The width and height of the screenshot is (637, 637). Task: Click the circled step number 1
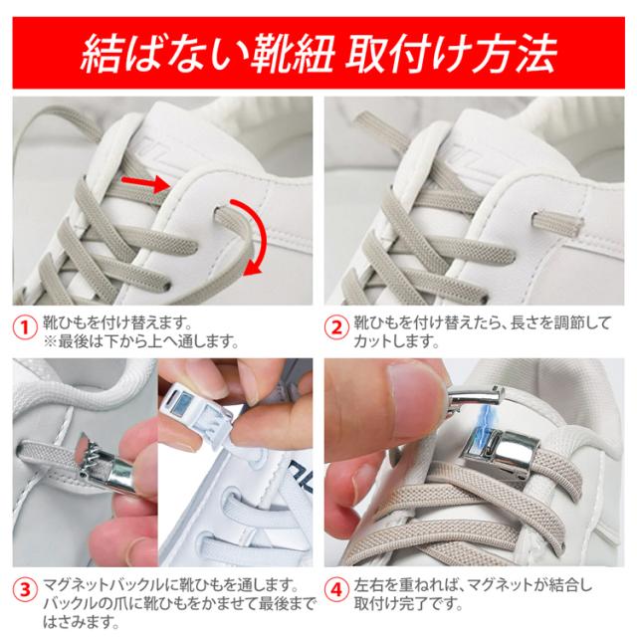pos(25,327)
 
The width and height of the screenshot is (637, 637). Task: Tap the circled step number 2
pos(336,327)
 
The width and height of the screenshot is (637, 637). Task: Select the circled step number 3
pos(25,589)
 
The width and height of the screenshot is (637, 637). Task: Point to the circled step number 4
pos(336,589)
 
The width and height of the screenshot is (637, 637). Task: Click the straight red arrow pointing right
pos(146,184)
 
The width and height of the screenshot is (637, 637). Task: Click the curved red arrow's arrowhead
pos(253,269)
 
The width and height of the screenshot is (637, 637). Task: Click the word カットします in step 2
pos(396,341)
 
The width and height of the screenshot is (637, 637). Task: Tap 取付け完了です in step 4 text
pos(408,604)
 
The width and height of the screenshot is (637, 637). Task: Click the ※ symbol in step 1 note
pos(51,341)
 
